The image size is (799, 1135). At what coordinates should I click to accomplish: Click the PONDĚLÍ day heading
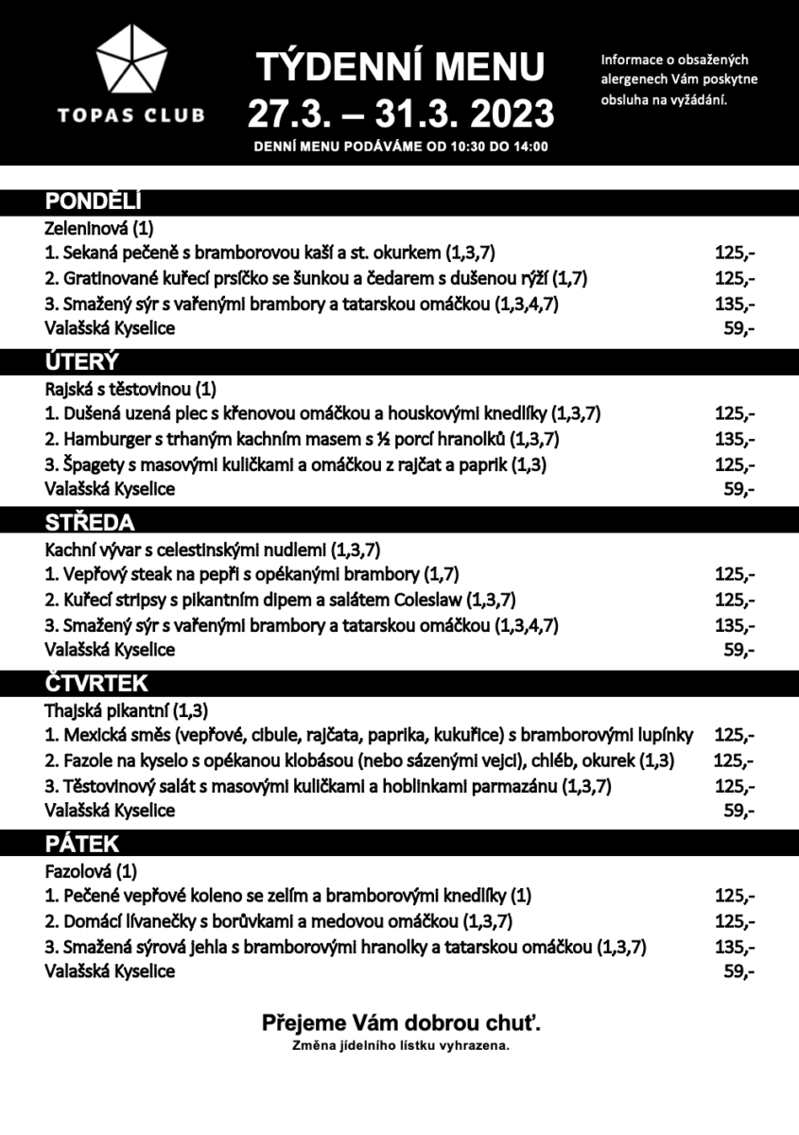pyautogui.click(x=94, y=201)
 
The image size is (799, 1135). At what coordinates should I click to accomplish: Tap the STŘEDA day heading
pyautogui.click(x=90, y=523)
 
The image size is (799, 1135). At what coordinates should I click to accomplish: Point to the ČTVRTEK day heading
pyautogui.click(x=96, y=683)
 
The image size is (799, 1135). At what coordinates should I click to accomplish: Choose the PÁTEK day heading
pyautogui.click(x=83, y=844)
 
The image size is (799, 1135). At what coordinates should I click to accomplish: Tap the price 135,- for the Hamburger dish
pyautogui.click(x=735, y=439)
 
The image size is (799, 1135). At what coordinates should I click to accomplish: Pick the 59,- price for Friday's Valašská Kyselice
pyautogui.click(x=738, y=971)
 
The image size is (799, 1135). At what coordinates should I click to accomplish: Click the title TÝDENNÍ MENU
pyautogui.click(x=401, y=67)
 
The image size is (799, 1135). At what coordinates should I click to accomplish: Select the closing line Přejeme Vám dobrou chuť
pyautogui.click(x=401, y=1022)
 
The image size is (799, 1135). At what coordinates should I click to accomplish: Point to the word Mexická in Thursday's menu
pyautogui.click(x=92, y=734)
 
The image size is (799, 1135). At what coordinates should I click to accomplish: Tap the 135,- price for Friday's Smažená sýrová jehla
pyautogui.click(x=735, y=946)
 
